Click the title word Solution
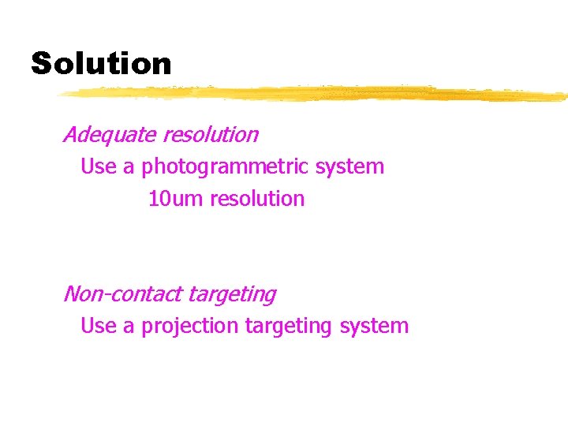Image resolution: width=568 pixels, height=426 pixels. point(101,63)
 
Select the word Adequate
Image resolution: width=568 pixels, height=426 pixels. point(110,135)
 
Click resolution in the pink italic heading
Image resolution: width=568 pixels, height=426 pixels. point(211,135)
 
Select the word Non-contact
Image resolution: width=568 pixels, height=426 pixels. point(123,294)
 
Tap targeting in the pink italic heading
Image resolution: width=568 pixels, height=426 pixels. point(232,295)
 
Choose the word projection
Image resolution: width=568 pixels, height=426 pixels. point(189,326)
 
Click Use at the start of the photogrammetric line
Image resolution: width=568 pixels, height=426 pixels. point(99,167)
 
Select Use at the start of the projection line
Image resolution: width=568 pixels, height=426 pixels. point(99,326)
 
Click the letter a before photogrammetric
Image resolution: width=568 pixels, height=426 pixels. point(129,168)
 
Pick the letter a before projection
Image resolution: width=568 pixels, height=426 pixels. point(129,327)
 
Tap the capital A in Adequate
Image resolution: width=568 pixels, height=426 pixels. point(71,135)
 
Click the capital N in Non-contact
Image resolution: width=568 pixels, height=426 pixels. point(73,294)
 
